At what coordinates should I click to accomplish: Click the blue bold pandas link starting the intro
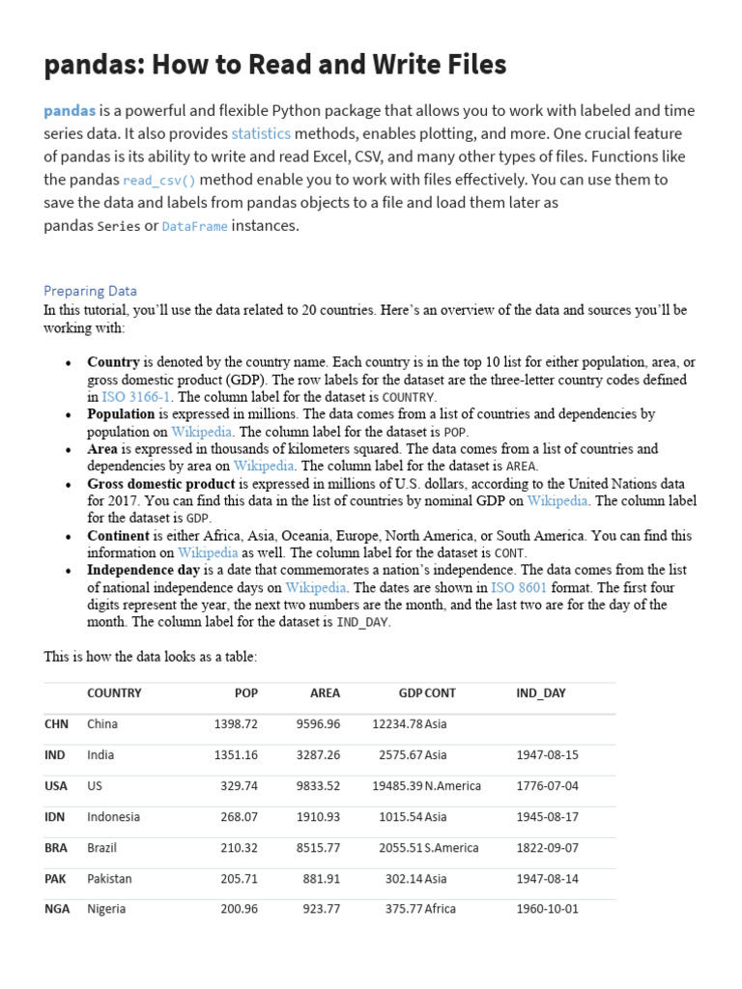(70, 111)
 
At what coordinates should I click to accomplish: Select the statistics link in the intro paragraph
(261, 134)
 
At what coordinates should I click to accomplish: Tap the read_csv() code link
(159, 181)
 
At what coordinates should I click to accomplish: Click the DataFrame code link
(195, 227)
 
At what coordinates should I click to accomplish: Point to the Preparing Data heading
(90, 291)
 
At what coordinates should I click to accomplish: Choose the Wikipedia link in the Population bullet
(202, 432)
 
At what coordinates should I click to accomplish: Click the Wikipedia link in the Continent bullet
(207, 553)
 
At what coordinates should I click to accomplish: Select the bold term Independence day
(143, 570)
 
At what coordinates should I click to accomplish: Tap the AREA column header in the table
(325, 693)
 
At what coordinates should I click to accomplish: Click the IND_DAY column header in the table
(541, 693)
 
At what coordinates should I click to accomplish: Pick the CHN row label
(56, 724)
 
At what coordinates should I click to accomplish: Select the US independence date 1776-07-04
(547, 786)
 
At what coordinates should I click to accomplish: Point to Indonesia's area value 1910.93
(318, 817)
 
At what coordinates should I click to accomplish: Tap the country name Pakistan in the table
(109, 879)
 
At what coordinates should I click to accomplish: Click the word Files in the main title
(470, 65)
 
